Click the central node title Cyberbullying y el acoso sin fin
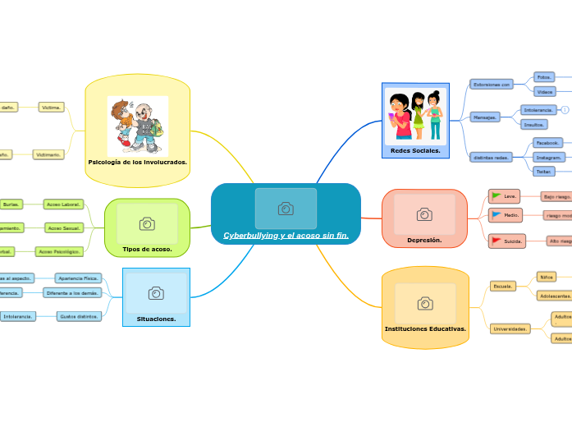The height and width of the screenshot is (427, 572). pos(286,236)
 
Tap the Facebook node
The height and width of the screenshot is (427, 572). pos(547,142)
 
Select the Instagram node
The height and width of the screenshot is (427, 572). pos(548,157)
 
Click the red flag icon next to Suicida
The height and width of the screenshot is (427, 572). pos(496,241)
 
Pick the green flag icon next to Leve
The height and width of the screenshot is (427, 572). pos(496,196)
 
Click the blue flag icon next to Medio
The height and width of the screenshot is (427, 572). pos(496,214)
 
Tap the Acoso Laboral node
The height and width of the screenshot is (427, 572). pos(64,204)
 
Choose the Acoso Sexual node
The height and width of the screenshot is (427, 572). pos(65,227)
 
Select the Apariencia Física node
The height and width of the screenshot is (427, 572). pos(78,278)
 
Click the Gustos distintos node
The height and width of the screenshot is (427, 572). pos(80,316)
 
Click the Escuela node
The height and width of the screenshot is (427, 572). pos(502,286)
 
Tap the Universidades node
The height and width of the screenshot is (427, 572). pos(510,328)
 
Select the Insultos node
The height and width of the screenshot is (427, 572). pos(533,124)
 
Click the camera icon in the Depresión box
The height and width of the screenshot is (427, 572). pos(424,214)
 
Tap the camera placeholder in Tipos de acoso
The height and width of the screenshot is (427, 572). pos(147,223)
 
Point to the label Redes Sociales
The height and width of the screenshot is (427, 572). pos(415,151)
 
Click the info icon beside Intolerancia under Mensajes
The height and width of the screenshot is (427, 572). pos(565,109)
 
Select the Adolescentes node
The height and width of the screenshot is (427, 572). pos(555,295)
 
